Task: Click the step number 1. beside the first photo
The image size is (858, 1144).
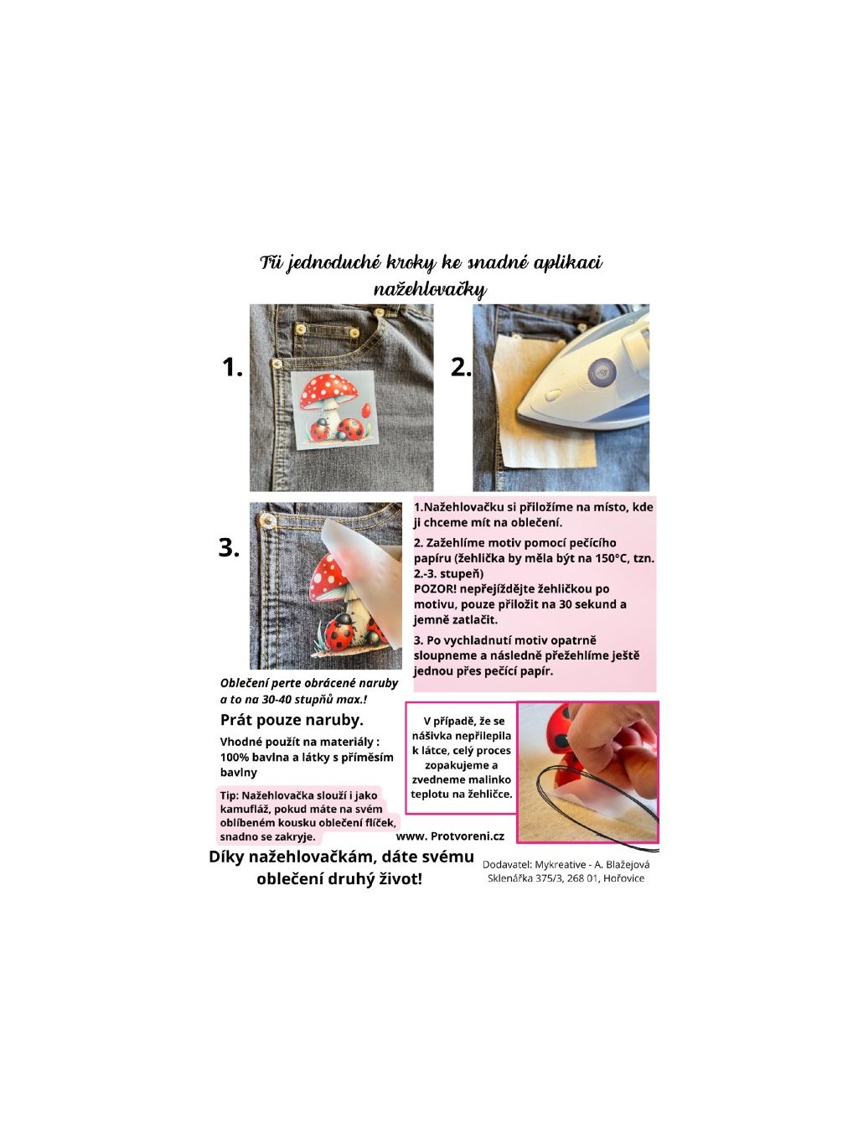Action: [x=232, y=367]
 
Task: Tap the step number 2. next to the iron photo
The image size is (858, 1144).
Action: [x=461, y=367]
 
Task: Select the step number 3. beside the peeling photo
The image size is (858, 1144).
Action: [x=229, y=548]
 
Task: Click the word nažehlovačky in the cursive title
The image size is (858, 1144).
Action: [x=431, y=289]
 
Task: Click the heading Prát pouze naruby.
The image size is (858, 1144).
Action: [x=292, y=720]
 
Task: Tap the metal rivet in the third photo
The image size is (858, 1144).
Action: [x=268, y=519]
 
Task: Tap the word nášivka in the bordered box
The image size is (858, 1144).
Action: [x=432, y=736]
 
